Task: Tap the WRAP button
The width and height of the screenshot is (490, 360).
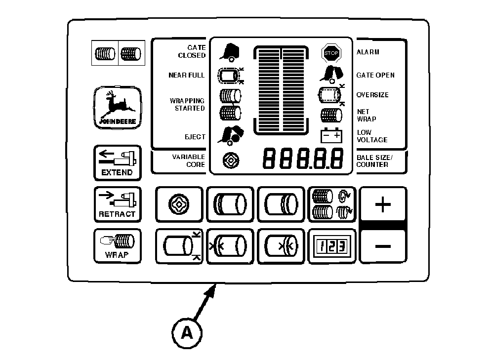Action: (x=117, y=246)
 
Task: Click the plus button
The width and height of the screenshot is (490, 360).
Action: (x=383, y=204)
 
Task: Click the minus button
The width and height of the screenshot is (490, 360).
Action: (x=383, y=246)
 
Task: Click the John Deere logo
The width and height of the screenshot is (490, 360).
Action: (x=117, y=107)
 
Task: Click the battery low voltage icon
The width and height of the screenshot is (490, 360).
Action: (x=331, y=135)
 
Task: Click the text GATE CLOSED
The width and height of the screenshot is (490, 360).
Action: (x=192, y=52)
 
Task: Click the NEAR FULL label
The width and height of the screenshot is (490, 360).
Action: (x=187, y=75)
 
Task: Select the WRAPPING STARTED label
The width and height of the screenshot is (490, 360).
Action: (x=187, y=104)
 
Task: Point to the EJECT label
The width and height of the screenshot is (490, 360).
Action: (x=195, y=137)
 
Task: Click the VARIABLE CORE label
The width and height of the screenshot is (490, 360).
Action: (x=188, y=160)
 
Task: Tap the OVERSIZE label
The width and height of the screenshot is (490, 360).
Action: (x=372, y=95)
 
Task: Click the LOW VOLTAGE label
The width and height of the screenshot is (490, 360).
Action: (x=371, y=136)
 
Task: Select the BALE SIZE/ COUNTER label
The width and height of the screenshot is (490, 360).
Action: (x=374, y=160)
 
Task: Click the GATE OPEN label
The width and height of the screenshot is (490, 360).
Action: (x=375, y=75)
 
